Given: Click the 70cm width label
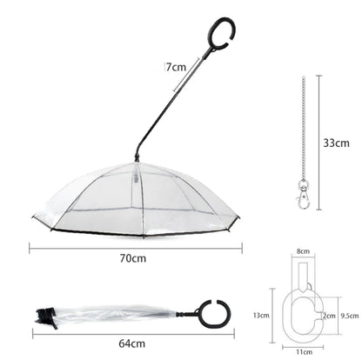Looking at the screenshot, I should click(133, 258).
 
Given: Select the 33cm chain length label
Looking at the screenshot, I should click(337, 140).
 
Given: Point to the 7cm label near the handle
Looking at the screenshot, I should click(177, 67).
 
